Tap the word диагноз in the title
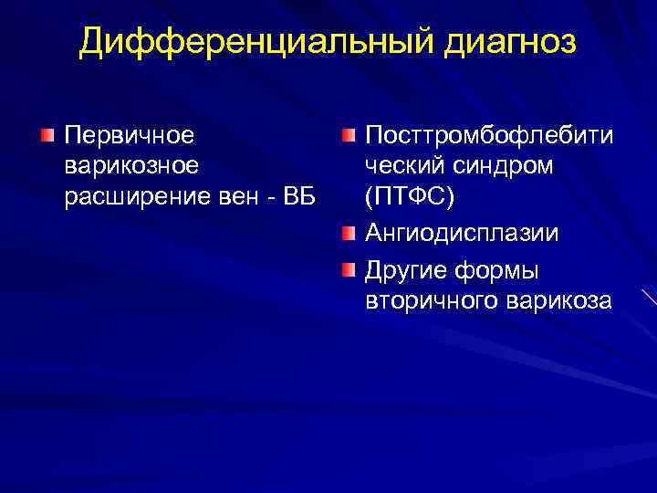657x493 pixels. pos(495,42)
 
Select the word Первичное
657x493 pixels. pos(129,136)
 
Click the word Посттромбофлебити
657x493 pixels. pos(489,136)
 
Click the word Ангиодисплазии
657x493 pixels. pos(463,234)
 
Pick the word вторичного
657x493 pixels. pos(432,302)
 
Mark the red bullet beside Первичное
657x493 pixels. pos(47,136)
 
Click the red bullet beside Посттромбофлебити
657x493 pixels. pos(349,136)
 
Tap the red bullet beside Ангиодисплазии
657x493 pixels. pos(349,234)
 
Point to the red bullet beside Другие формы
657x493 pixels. pos(349,271)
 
